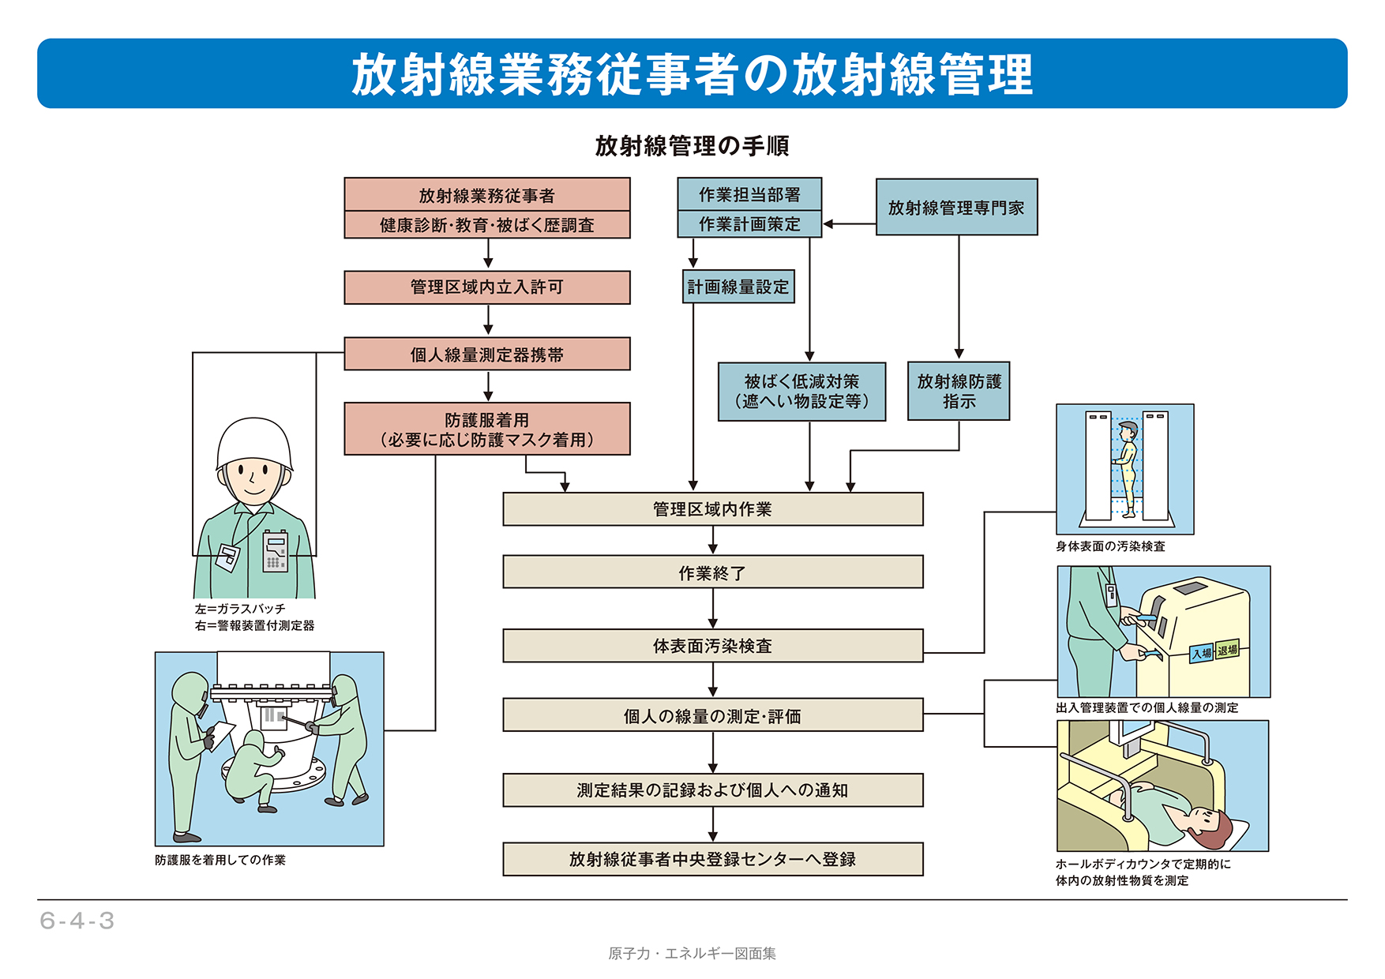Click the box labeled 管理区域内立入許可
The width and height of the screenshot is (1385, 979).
[486, 287]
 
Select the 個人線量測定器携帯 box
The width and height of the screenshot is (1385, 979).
[486, 354]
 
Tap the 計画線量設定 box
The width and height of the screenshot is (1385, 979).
[738, 287]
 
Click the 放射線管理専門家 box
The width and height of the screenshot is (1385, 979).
[956, 208]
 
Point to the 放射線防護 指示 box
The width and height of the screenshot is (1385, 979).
[959, 392]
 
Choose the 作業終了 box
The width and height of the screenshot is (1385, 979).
[712, 572]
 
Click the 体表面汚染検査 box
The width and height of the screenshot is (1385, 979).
[712, 646]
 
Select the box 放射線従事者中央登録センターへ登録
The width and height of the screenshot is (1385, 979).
[712, 859]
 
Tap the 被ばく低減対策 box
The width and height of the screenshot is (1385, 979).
[801, 392]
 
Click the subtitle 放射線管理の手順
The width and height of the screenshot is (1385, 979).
[692, 146]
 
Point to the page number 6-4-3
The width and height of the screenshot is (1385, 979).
[77, 921]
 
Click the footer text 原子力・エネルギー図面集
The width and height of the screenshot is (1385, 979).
[692, 954]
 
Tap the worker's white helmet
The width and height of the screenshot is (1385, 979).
[254, 442]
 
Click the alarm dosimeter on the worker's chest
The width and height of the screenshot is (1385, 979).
[275, 550]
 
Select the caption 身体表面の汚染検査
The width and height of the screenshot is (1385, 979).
[1110, 546]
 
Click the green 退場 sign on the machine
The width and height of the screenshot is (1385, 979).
[1227, 650]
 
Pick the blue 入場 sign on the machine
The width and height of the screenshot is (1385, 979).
[1202, 653]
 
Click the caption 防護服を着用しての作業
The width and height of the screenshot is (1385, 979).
[220, 860]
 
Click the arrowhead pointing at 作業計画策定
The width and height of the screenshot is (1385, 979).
[828, 224]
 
